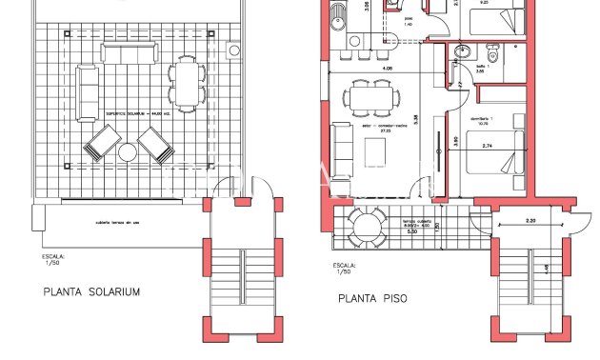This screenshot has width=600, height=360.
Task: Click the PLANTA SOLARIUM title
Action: pyautogui.click(x=91, y=292)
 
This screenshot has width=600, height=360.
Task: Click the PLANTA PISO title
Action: pyautogui.click(x=372, y=298)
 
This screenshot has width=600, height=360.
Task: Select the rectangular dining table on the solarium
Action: pyautogui.click(x=187, y=83)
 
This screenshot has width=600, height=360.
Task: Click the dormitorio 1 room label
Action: pyautogui.click(x=486, y=118)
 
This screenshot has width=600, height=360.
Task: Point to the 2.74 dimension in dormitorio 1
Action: pyautogui.click(x=487, y=145)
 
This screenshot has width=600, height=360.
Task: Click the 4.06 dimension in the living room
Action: pyautogui.click(x=386, y=69)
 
